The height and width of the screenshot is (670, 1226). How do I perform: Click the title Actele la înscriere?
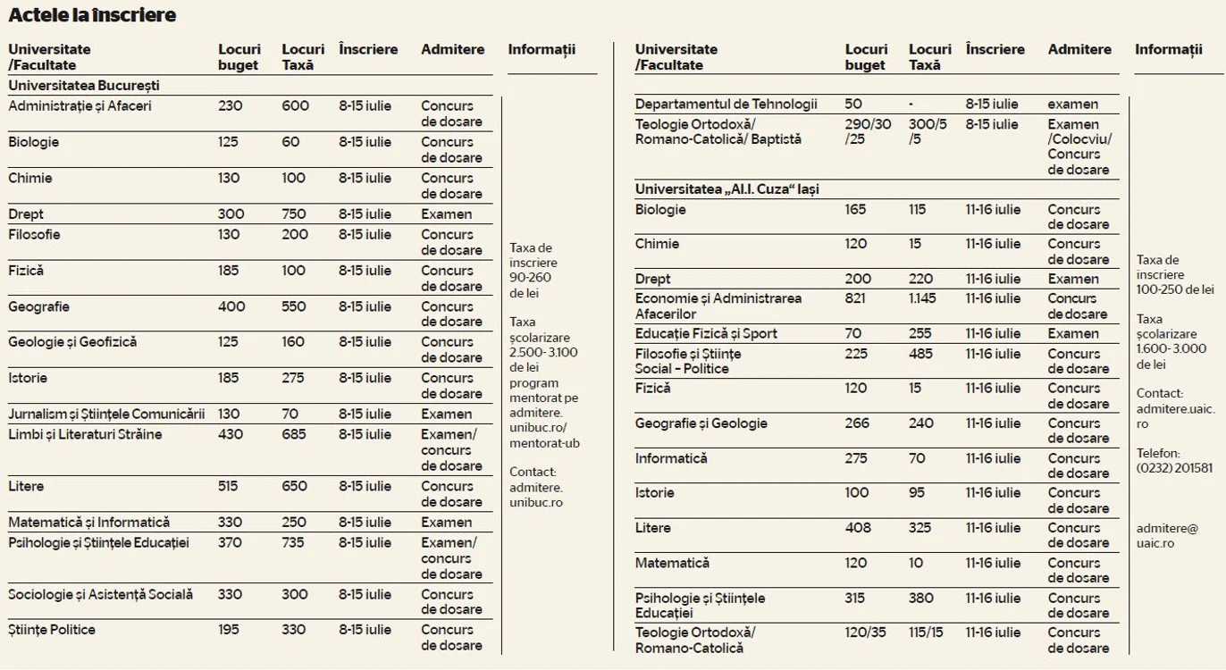(x=92, y=15)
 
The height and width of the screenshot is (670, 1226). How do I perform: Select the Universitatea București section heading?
(x=84, y=86)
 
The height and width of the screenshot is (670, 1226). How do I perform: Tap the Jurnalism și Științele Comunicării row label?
(x=106, y=415)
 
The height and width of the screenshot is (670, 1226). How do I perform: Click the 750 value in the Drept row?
(x=295, y=214)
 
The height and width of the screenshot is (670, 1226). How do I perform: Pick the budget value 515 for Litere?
(x=228, y=486)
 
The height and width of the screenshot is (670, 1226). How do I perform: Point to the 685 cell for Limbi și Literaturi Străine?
(x=295, y=435)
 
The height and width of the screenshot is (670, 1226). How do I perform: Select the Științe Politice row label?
(x=52, y=630)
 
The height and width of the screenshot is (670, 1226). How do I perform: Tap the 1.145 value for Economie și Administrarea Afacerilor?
(x=922, y=299)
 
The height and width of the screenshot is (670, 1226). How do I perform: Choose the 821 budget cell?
(x=855, y=299)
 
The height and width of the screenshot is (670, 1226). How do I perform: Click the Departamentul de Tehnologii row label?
(x=726, y=105)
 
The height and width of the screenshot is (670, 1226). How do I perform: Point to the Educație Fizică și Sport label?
(x=706, y=334)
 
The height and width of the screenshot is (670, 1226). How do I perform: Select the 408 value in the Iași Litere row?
(x=858, y=528)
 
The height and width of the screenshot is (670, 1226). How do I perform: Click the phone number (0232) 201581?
(x=1174, y=469)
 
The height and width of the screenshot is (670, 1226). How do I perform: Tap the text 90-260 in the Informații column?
(x=530, y=278)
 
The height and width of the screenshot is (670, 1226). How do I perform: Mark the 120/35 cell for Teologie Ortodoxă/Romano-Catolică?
(x=865, y=632)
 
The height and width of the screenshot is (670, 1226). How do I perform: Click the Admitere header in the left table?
(x=453, y=50)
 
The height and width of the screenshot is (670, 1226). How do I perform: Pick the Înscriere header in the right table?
(x=995, y=50)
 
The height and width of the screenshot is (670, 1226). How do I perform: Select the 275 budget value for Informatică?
(x=856, y=458)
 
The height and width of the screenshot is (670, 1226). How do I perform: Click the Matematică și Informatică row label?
(x=88, y=523)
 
